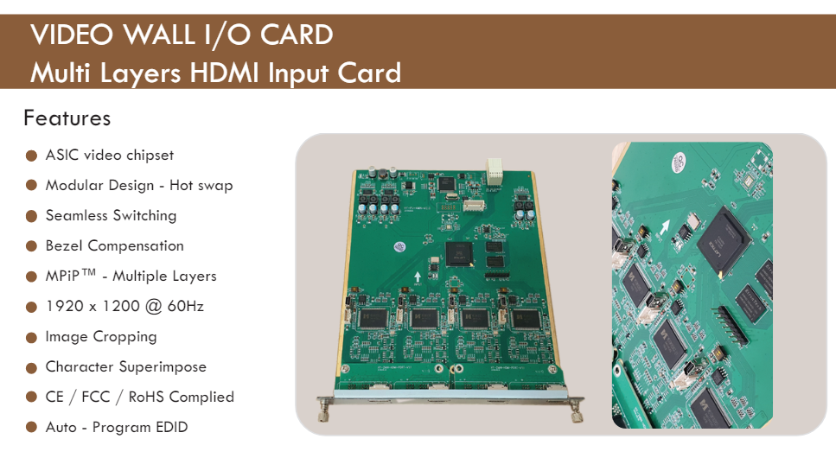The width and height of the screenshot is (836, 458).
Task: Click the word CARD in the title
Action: pyautogui.click(x=297, y=35)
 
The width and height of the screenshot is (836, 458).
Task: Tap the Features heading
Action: pyautogui.click(x=67, y=118)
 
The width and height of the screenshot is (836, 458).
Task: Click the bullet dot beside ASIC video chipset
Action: pyautogui.click(x=31, y=156)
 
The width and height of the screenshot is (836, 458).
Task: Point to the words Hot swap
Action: pyautogui.click(x=201, y=186)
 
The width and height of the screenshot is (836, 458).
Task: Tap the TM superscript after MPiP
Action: pyautogui.click(x=89, y=272)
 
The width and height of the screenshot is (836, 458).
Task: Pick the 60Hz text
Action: pyautogui.click(x=186, y=306)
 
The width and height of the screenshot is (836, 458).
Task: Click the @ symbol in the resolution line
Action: pyautogui.click(x=153, y=307)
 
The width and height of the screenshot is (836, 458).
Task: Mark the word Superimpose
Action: pyautogui.click(x=163, y=367)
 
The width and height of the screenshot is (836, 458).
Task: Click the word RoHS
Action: pyautogui.click(x=146, y=398)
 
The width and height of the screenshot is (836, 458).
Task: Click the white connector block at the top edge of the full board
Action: pyautogui.click(x=495, y=170)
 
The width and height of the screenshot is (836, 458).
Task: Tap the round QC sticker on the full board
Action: pyautogui.click(x=399, y=247)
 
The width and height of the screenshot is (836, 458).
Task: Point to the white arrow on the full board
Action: pyautogui.click(x=418, y=277)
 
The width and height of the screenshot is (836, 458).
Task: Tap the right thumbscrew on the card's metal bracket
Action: pyautogui.click(x=577, y=411)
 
